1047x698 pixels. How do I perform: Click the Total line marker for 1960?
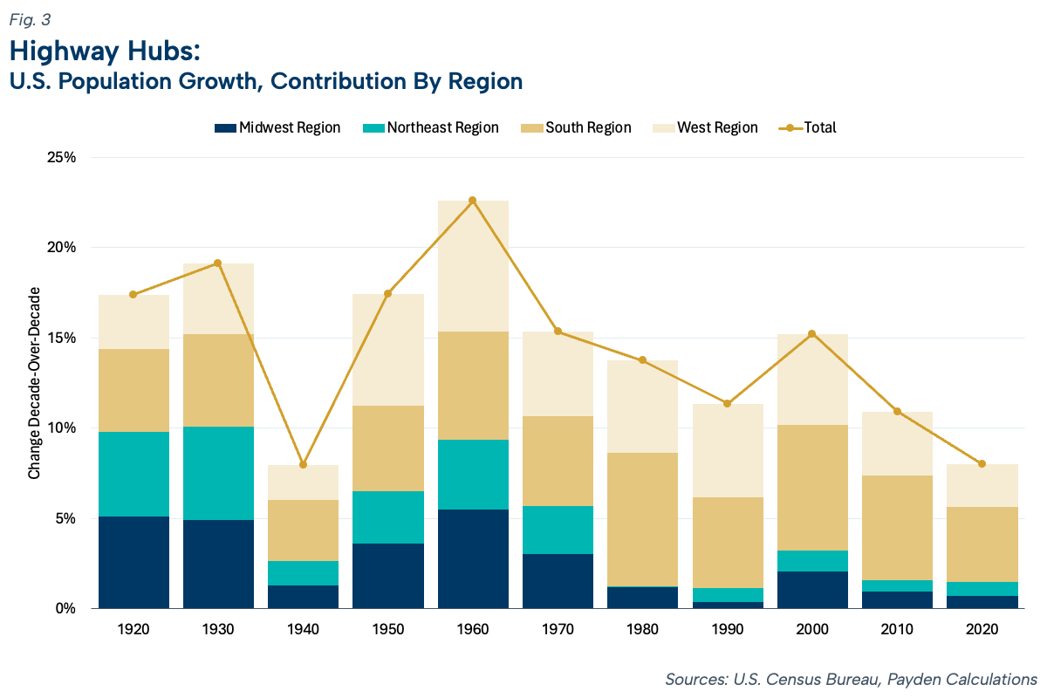point(473,201)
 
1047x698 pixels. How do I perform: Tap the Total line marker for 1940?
point(304,465)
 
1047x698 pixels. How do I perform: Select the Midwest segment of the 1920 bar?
point(133,563)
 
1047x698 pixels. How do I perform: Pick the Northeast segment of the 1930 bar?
point(218,473)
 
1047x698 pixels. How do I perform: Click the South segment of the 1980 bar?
point(643,519)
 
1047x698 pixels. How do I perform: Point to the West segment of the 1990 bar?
point(728,451)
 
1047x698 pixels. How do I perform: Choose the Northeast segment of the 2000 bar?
point(813,561)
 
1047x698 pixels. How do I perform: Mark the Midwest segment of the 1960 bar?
point(473,559)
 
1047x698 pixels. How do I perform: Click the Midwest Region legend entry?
point(277,127)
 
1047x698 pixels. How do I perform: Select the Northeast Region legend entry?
point(430,127)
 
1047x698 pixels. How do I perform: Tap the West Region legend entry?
point(705,127)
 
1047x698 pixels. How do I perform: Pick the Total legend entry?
point(807,127)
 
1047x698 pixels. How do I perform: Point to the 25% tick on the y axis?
point(61,158)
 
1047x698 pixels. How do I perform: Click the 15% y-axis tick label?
point(61,338)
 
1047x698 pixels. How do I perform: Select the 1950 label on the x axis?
point(388,629)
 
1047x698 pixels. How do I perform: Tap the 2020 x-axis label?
point(982,629)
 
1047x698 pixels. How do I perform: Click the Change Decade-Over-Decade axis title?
point(35,383)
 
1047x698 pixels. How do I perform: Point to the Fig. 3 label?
point(30,20)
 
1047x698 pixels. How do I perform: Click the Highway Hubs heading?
point(105,51)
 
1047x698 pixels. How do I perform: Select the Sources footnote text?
point(852,680)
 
